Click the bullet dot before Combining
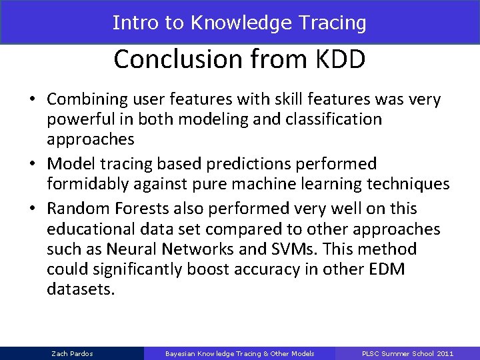coord(32,100)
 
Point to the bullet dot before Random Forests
coord(32,209)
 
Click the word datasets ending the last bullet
coord(81,291)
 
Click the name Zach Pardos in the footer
coord(71,353)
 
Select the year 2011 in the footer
coord(445,353)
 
